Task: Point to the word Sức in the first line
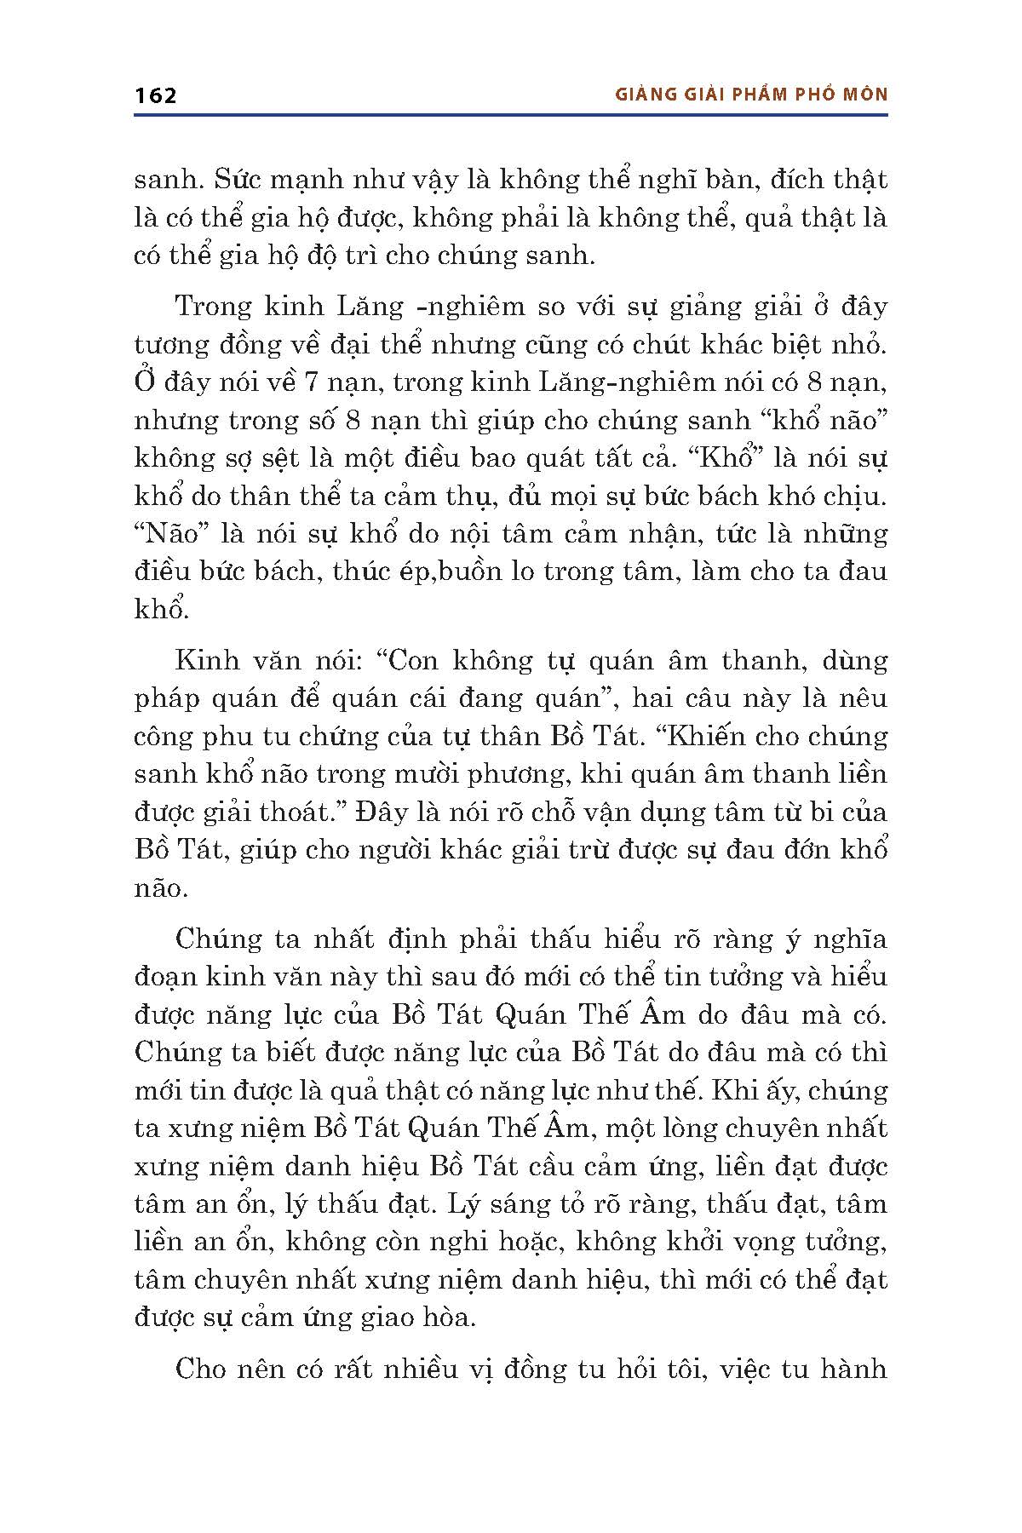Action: point(233,181)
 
